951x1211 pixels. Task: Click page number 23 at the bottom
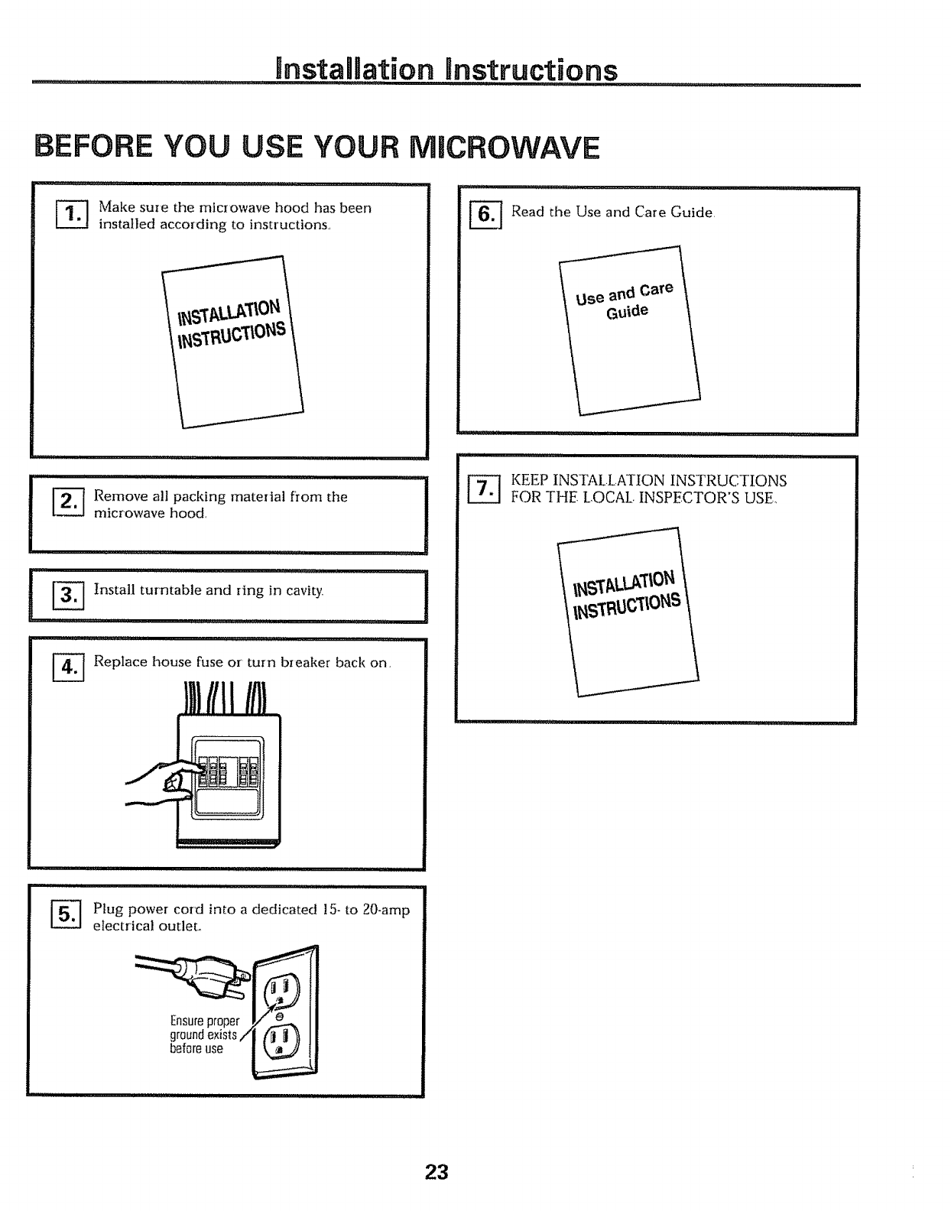pos(437,1172)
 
